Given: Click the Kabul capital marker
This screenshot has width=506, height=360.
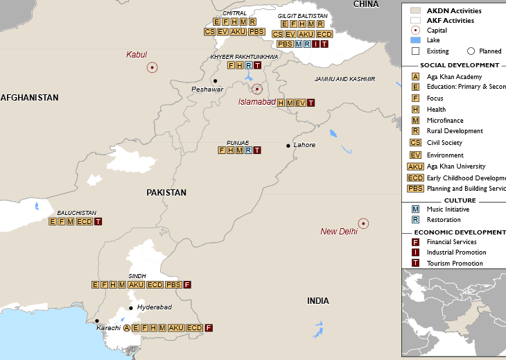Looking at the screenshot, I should pyautogui.click(x=152, y=67).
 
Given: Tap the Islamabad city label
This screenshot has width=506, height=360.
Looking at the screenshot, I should pyautogui.click(x=257, y=102).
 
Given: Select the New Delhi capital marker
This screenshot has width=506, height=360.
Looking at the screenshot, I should pyautogui.click(x=363, y=223).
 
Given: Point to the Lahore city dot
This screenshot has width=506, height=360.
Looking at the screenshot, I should pyautogui.click(x=288, y=146).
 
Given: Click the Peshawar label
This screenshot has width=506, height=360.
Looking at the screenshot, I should pyautogui.click(x=207, y=89).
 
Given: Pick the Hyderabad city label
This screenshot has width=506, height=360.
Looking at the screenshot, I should pyautogui.click(x=154, y=307).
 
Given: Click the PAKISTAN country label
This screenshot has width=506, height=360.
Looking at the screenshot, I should pyautogui.click(x=166, y=193).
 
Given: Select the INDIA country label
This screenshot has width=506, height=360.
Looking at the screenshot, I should pyautogui.click(x=319, y=301).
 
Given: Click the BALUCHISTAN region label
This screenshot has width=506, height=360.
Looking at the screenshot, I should pyautogui.click(x=76, y=213).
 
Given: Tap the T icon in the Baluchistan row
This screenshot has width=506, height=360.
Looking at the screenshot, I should pyautogui.click(x=98, y=222).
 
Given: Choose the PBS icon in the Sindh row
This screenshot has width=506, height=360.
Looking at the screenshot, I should pyautogui.click(x=173, y=284).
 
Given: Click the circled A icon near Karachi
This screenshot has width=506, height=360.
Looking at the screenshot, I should pyautogui.click(x=127, y=327).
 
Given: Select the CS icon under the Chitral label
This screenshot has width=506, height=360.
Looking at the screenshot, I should pyautogui.click(x=209, y=32).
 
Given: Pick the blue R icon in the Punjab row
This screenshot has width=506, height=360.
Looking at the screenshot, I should pyautogui.click(x=248, y=150).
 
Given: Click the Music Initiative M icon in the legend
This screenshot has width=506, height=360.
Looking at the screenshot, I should pyautogui.click(x=416, y=209).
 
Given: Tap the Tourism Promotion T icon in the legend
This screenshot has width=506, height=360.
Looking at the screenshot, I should pyautogui.click(x=416, y=264).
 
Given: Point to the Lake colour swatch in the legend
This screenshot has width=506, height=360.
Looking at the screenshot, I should pyautogui.click(x=416, y=40).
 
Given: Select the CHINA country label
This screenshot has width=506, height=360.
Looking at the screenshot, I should pyautogui.click(x=366, y=4).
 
